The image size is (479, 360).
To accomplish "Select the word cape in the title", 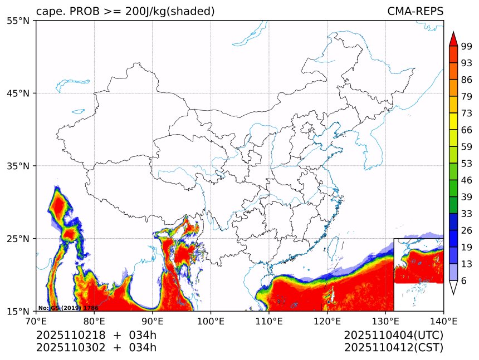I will (x=48, y=11).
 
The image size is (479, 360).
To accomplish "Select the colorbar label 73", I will (x=467, y=113).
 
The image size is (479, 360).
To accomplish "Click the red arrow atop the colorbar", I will (x=453, y=39).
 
